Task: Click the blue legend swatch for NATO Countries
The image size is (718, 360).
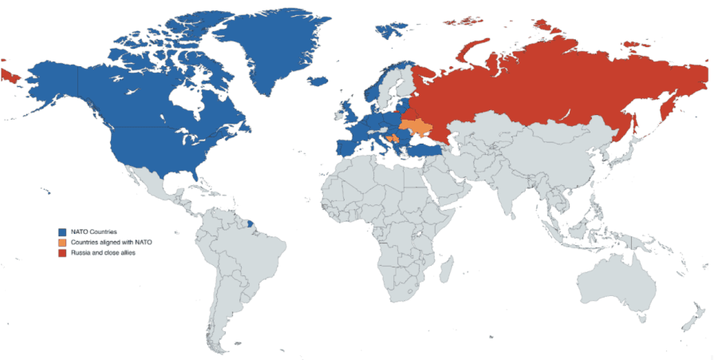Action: [x=61, y=231]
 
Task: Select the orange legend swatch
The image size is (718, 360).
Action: [x=61, y=242]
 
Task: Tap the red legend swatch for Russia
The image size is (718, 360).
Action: [x=61, y=252]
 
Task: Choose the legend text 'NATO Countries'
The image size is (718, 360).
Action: [x=94, y=231]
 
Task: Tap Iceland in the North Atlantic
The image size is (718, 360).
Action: [x=318, y=81]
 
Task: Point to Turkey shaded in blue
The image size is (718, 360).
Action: [x=426, y=149]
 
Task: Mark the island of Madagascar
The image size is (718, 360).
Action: [x=446, y=267]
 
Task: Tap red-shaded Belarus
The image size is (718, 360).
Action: [x=405, y=113]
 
